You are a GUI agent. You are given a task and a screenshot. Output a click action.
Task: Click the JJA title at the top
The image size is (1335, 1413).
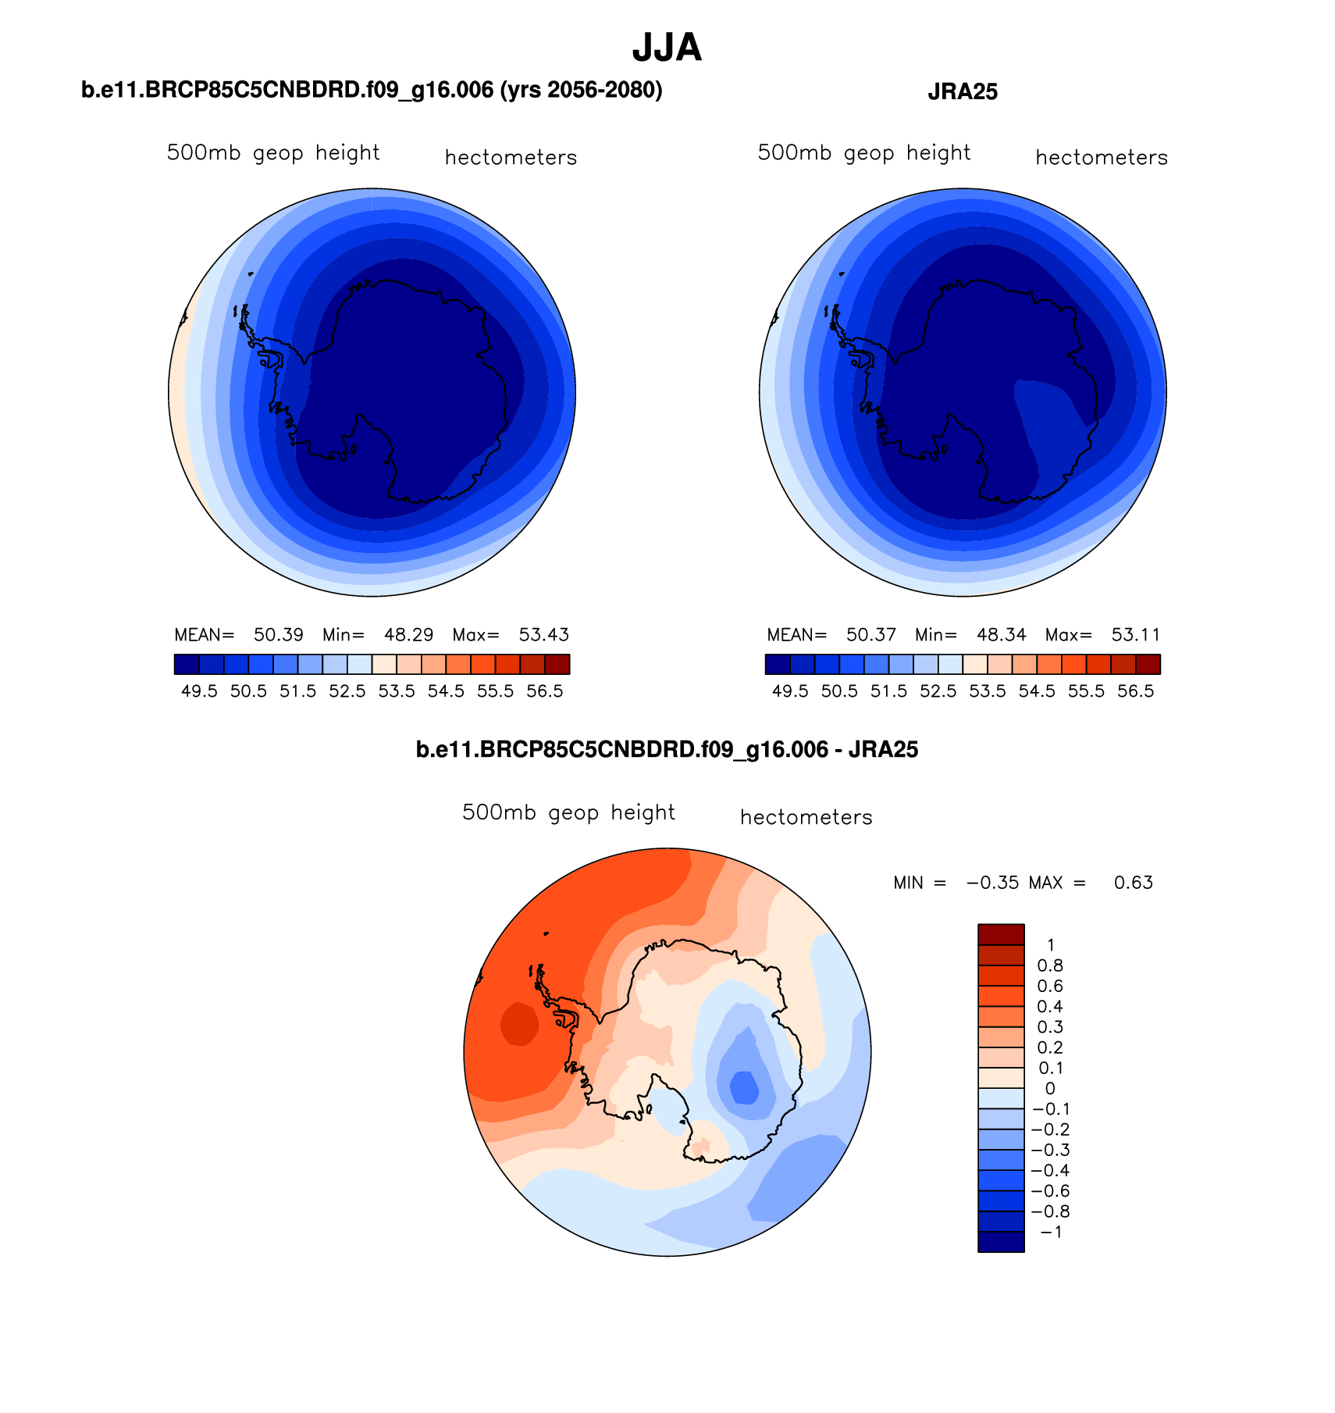coord(667,48)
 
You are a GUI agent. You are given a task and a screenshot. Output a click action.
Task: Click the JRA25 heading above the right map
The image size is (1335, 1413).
coord(963,92)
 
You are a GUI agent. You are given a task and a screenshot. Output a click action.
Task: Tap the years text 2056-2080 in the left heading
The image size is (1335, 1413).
coord(604,91)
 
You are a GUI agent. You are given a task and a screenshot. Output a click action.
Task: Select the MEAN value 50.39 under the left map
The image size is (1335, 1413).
coord(279,634)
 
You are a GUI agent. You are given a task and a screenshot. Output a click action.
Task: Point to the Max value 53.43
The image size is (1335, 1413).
coord(544,634)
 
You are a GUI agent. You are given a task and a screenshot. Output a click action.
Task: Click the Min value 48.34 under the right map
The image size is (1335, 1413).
coord(1002,634)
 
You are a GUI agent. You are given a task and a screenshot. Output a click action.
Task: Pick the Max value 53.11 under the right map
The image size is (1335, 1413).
coord(1136,634)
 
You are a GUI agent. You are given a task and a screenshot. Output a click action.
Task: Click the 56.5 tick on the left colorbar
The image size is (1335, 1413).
coord(545,691)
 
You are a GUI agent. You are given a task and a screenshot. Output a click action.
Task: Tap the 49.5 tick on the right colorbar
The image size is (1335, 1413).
coord(790,691)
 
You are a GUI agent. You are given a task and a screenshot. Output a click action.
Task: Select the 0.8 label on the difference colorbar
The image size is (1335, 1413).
coord(1050,966)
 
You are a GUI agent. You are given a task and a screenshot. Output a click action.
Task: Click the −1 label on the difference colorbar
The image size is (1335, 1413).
coord(1051,1233)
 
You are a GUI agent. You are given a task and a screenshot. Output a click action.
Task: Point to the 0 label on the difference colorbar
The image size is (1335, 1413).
coord(1050,1089)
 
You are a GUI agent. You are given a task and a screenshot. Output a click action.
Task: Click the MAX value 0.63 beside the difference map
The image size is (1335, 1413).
coord(1134,883)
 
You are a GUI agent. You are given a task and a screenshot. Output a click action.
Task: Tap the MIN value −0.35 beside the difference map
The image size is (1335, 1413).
coord(993,883)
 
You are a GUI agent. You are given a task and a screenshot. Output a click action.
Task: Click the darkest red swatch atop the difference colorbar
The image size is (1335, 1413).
coord(1001,934)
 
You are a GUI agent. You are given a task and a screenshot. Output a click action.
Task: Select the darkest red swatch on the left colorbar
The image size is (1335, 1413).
coord(557,664)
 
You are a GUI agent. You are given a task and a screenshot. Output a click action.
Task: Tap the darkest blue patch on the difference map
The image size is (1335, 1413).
coord(744,1087)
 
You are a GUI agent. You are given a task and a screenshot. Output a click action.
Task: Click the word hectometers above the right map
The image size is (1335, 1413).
coord(1102,158)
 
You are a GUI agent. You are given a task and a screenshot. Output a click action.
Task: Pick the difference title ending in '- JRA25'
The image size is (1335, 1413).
coord(667,750)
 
